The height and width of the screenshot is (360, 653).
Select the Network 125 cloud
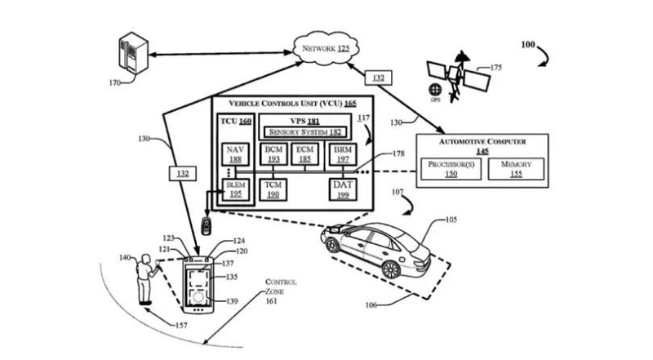326,50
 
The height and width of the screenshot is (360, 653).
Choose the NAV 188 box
235,154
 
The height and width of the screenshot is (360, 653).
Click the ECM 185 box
305,154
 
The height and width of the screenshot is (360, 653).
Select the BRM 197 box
341,154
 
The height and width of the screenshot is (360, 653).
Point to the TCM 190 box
273,190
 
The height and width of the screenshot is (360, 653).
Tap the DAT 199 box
342,189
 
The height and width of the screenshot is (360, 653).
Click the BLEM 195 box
235,189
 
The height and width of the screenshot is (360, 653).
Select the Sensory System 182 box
304,132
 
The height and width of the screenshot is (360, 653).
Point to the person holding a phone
148,278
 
